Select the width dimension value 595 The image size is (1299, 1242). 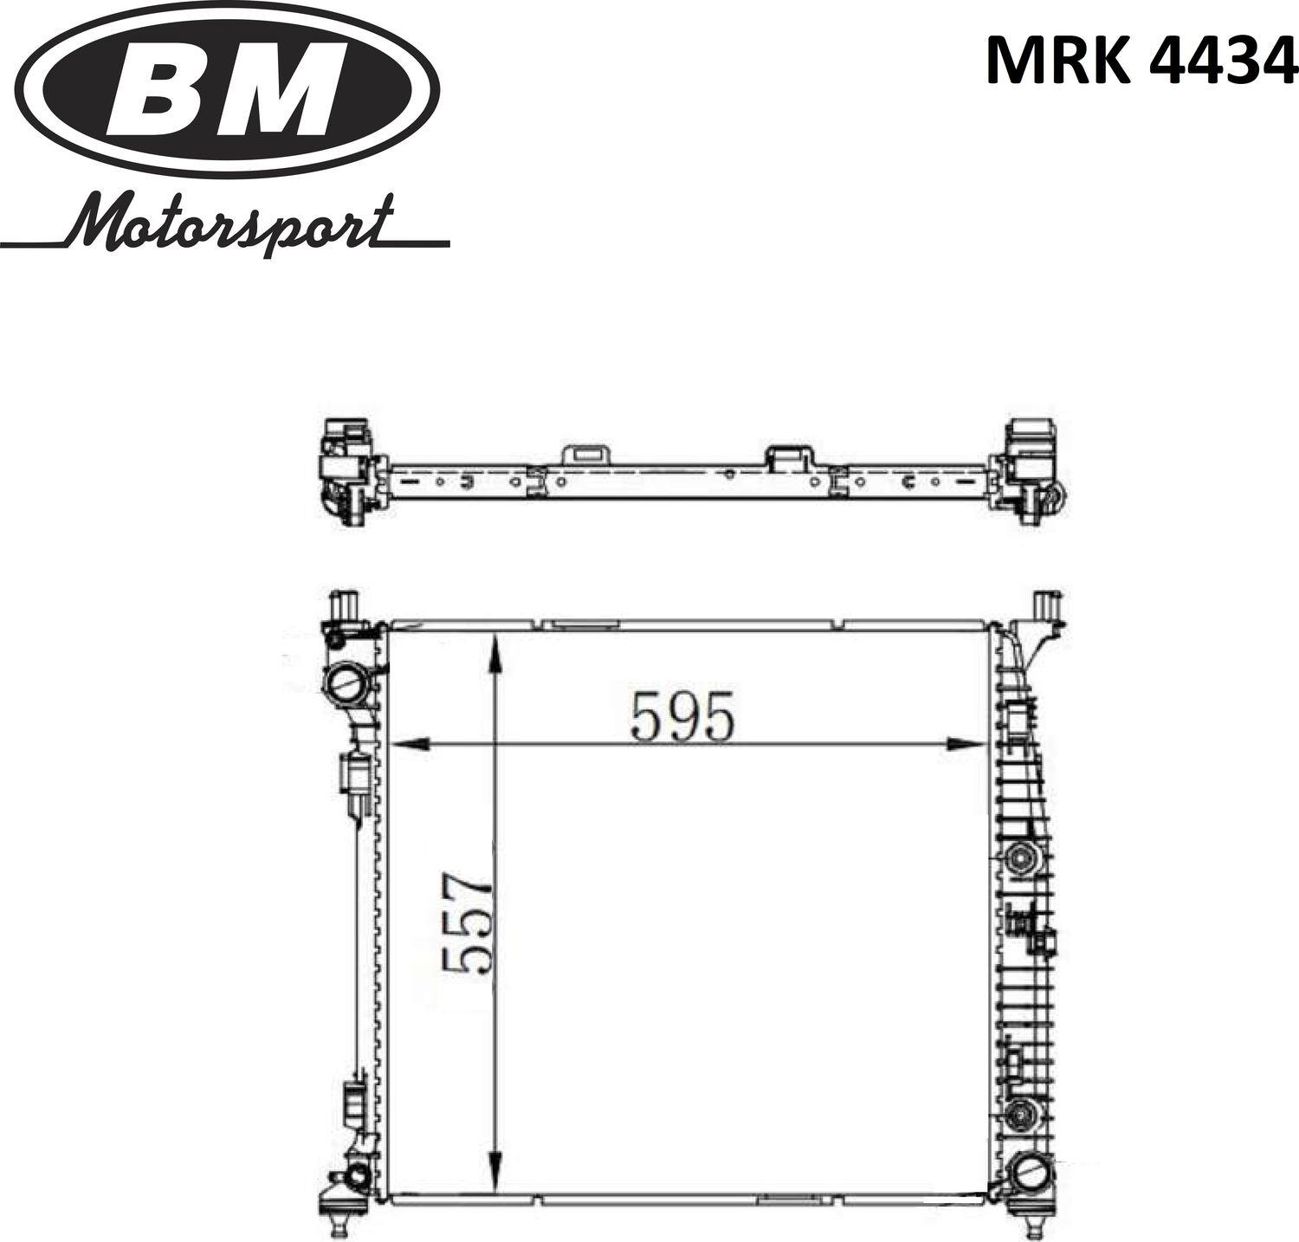(683, 717)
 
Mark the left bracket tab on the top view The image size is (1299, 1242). (586, 455)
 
